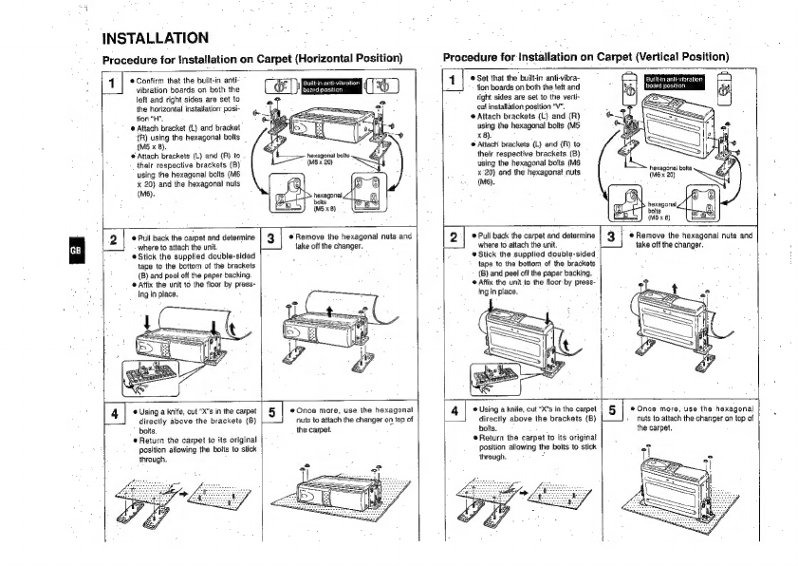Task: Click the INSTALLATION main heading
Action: point(156,38)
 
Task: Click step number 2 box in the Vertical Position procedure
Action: point(455,236)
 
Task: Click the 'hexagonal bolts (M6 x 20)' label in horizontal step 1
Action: point(329,159)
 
